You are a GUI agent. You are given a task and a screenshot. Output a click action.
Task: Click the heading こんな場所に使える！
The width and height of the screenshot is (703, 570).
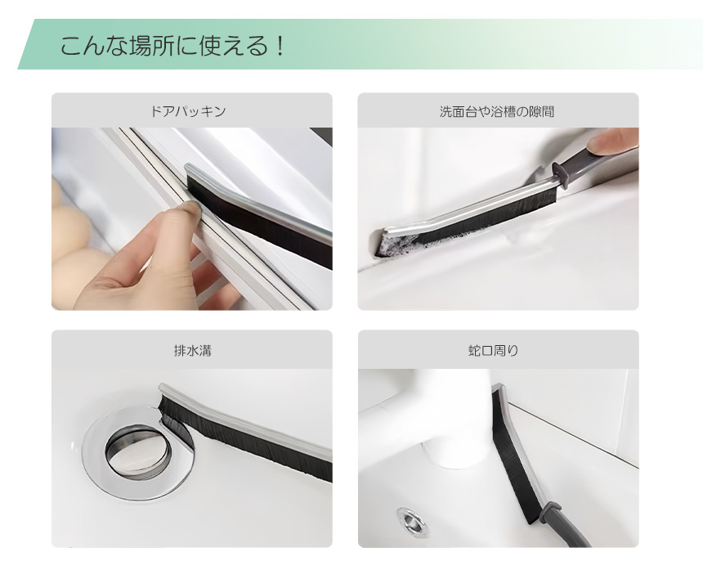tap(172, 46)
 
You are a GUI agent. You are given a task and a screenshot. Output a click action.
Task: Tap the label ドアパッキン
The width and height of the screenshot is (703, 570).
tap(188, 110)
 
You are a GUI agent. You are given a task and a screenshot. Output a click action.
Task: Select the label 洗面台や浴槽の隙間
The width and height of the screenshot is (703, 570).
tap(497, 111)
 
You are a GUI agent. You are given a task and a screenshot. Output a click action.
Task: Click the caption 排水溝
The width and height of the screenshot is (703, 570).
tap(192, 350)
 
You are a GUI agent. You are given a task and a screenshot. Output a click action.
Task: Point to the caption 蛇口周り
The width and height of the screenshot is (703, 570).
tap(493, 350)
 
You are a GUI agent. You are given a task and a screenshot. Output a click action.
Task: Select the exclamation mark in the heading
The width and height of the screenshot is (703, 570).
tap(280, 46)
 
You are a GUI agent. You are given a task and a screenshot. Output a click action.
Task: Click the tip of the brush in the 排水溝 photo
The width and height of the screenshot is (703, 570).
tap(160, 387)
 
